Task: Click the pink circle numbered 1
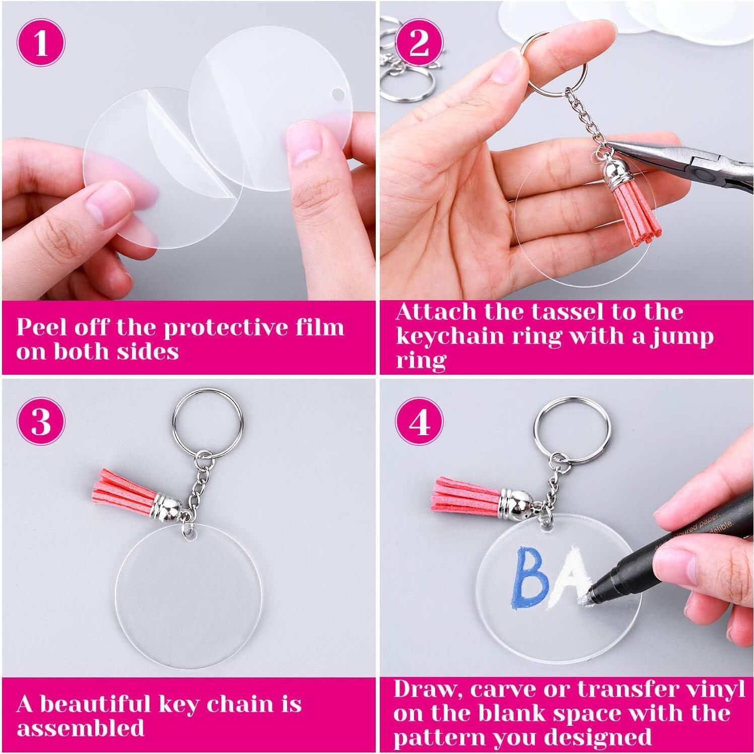41,42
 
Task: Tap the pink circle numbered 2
419,42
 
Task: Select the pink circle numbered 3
41,421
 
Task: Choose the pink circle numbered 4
419,421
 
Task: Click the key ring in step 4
569,432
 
